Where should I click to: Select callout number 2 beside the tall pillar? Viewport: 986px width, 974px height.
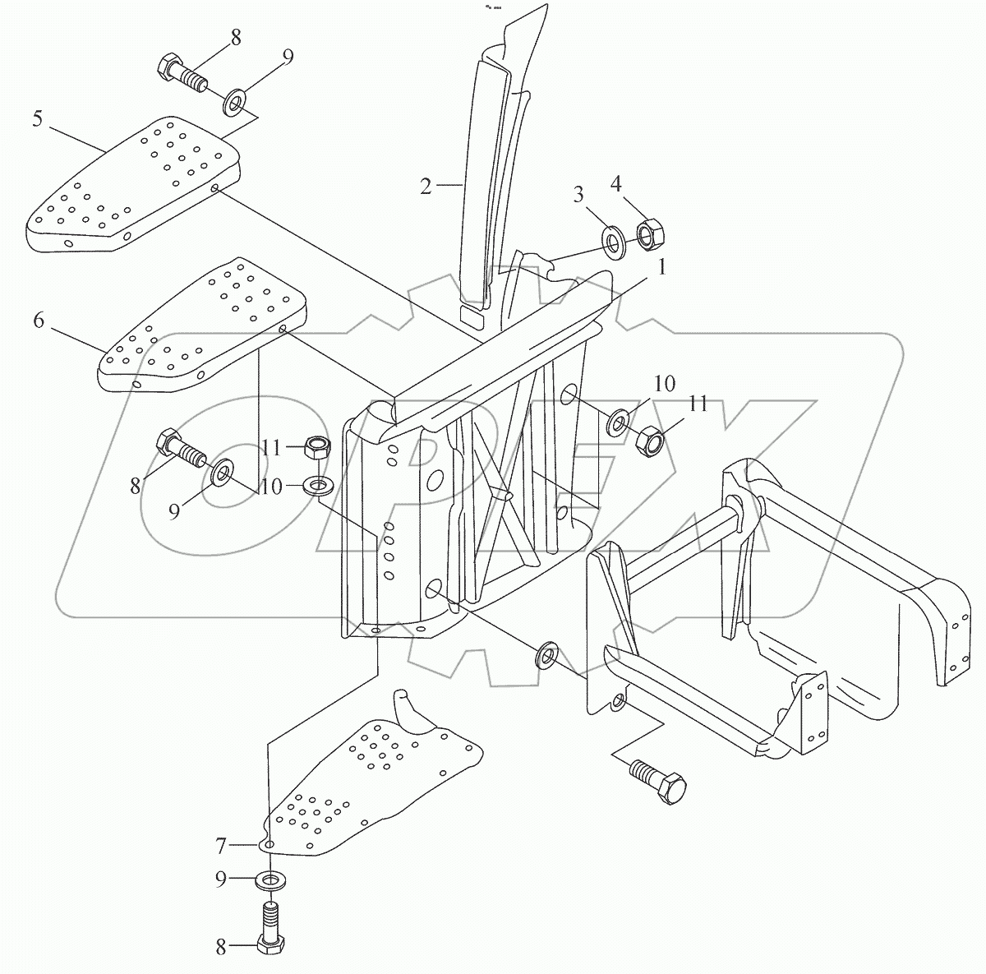(x=425, y=187)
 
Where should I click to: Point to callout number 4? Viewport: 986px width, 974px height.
(x=638, y=183)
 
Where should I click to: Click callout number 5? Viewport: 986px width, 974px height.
(x=38, y=118)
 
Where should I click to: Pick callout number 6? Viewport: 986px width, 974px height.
(x=39, y=321)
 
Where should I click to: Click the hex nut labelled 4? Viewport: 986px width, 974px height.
(x=650, y=233)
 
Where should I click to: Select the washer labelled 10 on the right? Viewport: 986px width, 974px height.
(x=618, y=424)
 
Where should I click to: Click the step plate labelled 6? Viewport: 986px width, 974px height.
(x=201, y=329)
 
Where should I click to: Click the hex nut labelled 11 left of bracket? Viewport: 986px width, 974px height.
(x=317, y=448)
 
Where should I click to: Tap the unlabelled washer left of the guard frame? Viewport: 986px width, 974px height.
(x=546, y=657)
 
